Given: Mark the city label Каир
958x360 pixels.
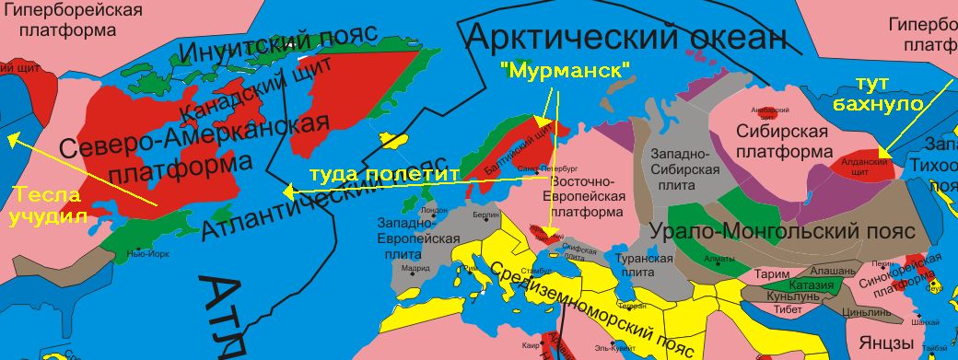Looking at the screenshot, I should pyautogui.click(x=530, y=345).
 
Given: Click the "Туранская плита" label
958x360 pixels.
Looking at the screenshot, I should pyautogui.click(x=644, y=265).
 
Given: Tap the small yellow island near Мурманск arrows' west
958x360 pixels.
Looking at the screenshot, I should pyautogui.click(x=395, y=141).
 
